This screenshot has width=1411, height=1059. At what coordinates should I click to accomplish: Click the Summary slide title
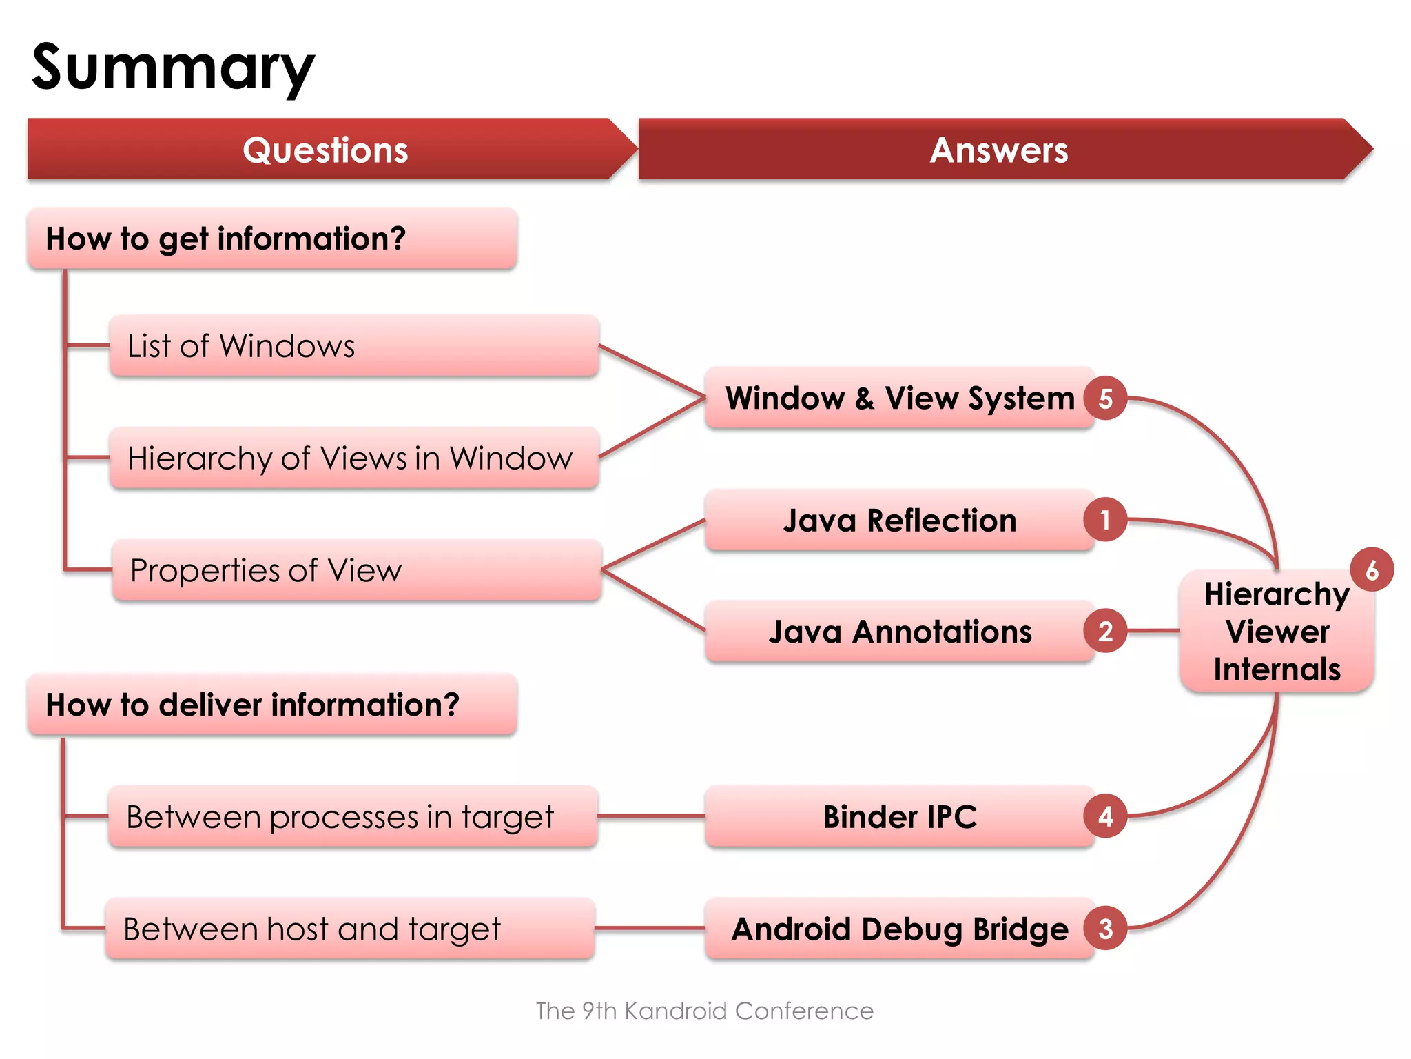pos(173,68)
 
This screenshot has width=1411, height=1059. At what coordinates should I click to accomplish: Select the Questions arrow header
pos(325,150)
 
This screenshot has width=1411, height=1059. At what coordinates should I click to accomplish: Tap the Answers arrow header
pos(998,150)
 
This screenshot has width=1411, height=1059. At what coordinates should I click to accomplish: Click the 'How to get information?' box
pos(272,239)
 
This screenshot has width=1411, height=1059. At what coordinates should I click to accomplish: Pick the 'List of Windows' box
pos(353,345)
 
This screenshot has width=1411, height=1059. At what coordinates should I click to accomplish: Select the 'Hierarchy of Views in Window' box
pos(353,458)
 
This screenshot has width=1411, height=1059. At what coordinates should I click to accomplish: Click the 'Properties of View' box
pos(356,570)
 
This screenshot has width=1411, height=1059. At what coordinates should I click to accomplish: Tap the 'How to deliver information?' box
pos(272,705)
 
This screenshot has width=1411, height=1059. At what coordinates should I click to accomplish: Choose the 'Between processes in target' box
pos(352,816)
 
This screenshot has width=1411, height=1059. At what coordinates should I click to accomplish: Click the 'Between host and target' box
pos(349,929)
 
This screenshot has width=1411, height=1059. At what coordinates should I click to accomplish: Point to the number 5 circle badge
pos(1105,399)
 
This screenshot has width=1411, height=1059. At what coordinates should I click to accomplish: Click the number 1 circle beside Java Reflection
pos(1105,520)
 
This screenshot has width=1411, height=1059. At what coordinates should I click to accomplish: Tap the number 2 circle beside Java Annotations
pos(1105,631)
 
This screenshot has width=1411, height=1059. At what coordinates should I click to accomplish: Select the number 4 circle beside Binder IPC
pos(1105,816)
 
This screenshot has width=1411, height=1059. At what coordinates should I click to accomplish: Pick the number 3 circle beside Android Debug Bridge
pos(1105,929)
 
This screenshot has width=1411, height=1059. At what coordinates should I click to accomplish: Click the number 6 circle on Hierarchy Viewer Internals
pos(1372,570)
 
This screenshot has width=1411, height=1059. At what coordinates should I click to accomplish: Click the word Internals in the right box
pos(1277,669)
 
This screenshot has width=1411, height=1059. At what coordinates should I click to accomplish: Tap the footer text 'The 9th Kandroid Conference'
pos(704,1011)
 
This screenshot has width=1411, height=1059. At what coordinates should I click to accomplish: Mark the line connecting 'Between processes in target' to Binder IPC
pos(651,816)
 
